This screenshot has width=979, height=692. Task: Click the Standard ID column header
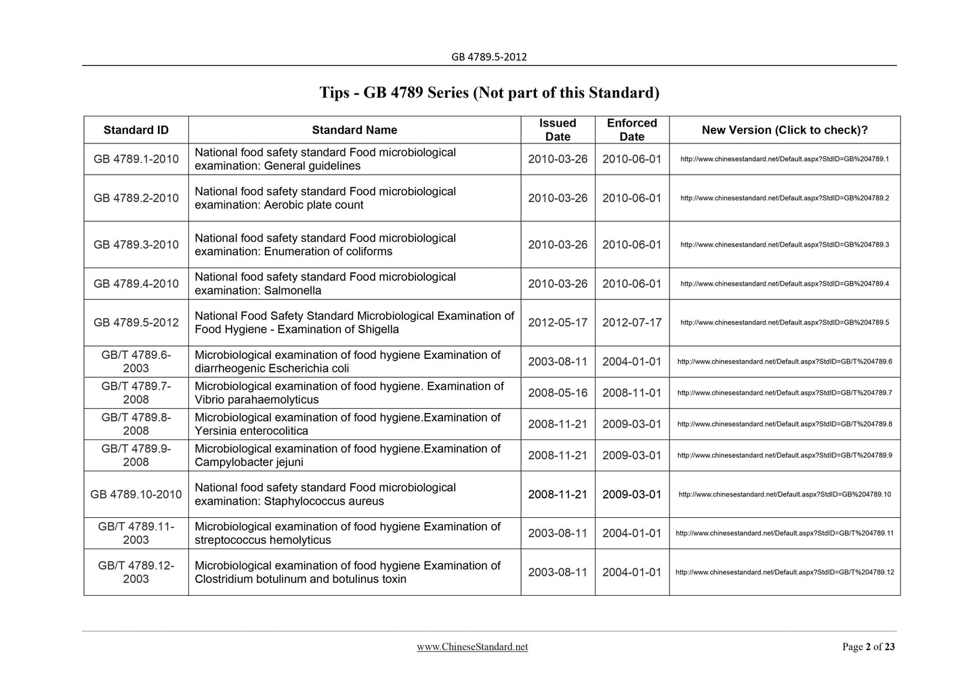(x=136, y=130)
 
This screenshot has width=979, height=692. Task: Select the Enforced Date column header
(x=631, y=130)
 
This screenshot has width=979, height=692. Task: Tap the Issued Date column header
(x=558, y=130)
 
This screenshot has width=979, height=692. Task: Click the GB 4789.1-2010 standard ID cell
(x=136, y=159)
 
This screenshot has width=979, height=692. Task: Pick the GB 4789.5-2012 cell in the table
(x=136, y=322)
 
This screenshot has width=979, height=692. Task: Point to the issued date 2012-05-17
(x=558, y=322)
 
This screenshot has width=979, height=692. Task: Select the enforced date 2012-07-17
(x=631, y=322)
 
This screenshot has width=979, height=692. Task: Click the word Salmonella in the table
(x=293, y=290)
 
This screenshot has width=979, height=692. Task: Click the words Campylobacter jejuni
(x=249, y=462)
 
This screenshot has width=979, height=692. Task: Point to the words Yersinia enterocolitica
(x=251, y=431)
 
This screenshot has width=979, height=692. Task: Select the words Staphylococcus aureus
(x=324, y=502)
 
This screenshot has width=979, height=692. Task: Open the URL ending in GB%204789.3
(x=784, y=244)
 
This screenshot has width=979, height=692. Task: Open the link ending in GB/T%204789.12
(x=785, y=572)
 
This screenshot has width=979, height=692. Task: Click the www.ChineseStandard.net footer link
(x=472, y=647)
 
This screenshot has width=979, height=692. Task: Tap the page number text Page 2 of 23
(x=868, y=647)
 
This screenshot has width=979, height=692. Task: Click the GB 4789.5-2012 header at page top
(x=488, y=57)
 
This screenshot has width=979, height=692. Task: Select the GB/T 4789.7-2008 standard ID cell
(x=136, y=393)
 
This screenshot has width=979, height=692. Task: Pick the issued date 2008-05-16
(x=558, y=393)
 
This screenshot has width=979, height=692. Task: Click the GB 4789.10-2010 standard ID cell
(x=136, y=494)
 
